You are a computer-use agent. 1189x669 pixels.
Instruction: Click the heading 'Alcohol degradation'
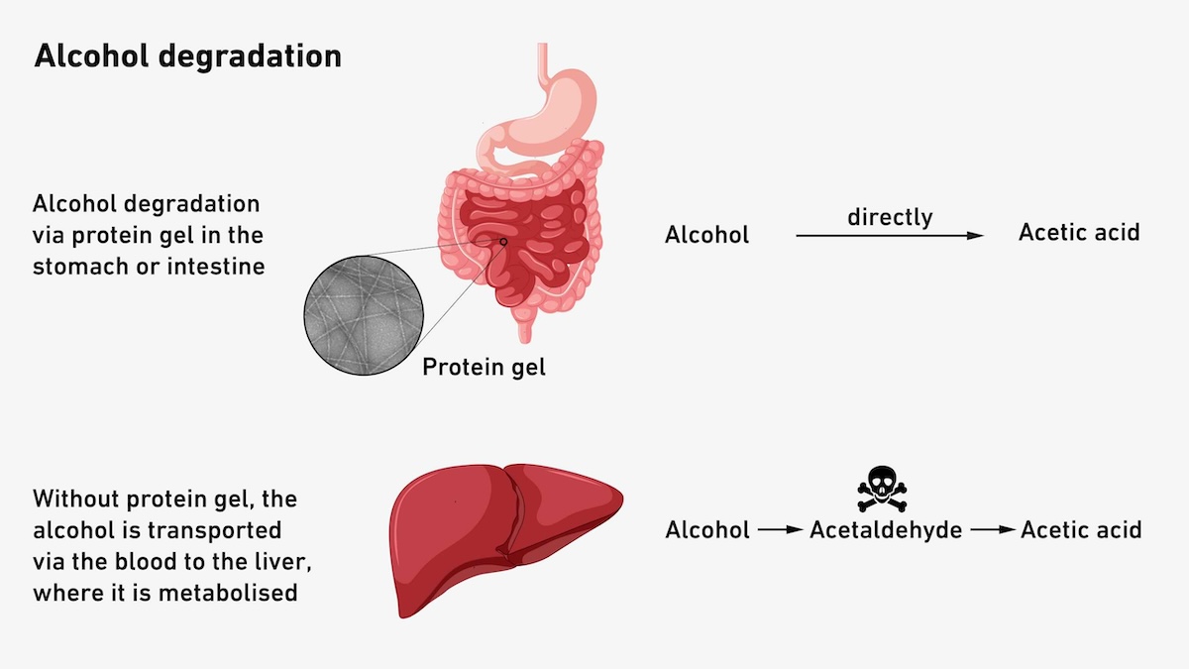[x=188, y=56]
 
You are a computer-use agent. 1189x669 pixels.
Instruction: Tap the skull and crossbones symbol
[x=882, y=489]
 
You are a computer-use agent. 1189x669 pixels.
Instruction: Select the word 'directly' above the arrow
[x=890, y=217]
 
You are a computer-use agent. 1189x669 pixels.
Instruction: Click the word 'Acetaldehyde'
[x=886, y=530]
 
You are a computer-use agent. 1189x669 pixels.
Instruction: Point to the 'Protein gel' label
[x=485, y=367]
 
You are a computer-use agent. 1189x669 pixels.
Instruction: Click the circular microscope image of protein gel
[x=364, y=315]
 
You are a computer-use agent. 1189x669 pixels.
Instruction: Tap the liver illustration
[x=505, y=539]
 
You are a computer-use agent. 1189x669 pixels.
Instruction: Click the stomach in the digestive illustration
[x=547, y=114]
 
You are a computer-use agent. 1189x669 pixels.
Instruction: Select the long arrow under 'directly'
[x=890, y=236]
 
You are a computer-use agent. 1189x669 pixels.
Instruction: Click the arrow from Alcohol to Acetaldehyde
[x=781, y=530]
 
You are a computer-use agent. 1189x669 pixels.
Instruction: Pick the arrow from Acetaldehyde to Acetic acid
[x=993, y=530]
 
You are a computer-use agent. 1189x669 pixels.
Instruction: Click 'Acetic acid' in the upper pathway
[x=1079, y=233]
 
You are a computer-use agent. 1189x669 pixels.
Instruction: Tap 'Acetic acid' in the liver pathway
[x=1081, y=530]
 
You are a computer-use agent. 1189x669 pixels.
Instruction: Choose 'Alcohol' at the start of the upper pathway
[x=707, y=235]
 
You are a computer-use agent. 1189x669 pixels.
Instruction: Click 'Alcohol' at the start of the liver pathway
[x=707, y=530]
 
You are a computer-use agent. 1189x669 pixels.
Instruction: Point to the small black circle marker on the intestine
[x=503, y=242]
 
